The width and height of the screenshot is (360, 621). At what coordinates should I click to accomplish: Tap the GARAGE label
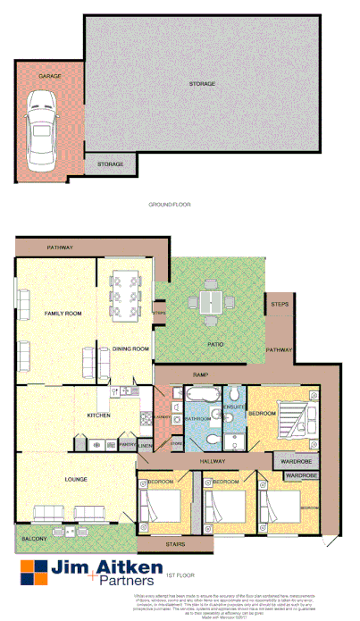point(50,77)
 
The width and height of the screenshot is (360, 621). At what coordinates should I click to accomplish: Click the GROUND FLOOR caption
point(170,205)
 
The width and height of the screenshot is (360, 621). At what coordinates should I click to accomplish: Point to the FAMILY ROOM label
point(63,314)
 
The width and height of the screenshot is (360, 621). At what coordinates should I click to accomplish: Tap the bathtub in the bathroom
point(198,393)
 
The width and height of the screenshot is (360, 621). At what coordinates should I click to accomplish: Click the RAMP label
point(201,375)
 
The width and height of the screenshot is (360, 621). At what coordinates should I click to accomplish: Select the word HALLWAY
point(213,461)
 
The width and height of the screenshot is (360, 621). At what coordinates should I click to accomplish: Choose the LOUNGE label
point(76,480)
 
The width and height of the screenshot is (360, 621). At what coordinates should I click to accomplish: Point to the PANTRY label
point(126,444)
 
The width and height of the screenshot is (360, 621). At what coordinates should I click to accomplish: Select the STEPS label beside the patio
point(280,306)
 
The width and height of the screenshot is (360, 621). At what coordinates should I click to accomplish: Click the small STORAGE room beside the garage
point(111,164)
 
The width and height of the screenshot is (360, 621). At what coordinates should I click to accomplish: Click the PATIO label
point(214,344)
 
